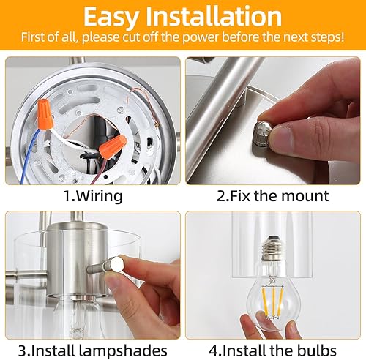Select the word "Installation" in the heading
pyautogui.click(x=219, y=18)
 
